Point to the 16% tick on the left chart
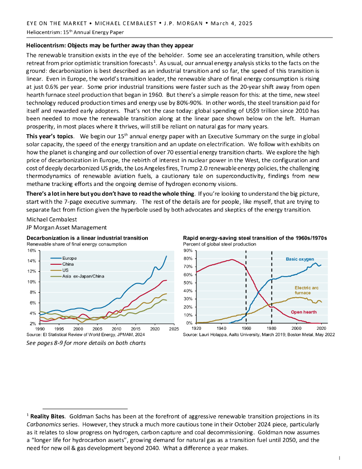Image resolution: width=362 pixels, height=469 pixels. pos(32,251)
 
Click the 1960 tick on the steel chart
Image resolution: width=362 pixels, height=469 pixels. pos(246,329)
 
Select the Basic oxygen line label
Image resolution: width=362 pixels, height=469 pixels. pos(300,259)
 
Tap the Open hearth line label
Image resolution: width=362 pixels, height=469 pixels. pos(303,312)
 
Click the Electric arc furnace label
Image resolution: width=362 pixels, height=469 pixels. pos(303,290)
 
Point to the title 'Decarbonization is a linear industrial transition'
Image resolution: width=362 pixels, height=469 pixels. pos(87,238)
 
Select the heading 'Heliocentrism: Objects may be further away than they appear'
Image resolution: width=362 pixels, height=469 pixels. pos(110,45)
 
